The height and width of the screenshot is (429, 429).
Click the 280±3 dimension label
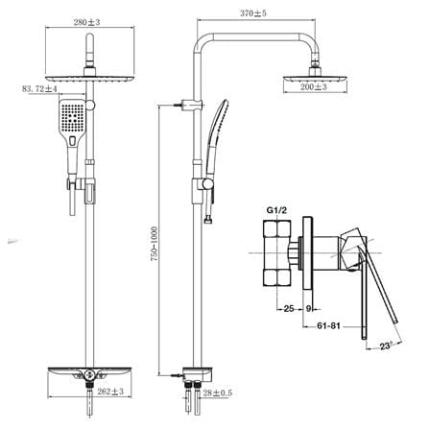pos(86,22)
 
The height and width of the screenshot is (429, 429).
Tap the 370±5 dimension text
pos(253,13)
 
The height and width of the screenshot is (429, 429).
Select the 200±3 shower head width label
pos(314,86)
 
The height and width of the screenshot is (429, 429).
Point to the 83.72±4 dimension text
pos(39,89)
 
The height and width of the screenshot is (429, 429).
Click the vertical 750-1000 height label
pos(155,244)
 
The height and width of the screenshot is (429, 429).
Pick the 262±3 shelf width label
pos(110,392)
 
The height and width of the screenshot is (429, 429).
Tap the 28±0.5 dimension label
pos(218,393)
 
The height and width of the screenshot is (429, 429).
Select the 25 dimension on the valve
pos(289,309)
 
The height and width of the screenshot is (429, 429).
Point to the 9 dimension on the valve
pos(308,309)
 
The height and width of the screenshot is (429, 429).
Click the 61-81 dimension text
pos(328,326)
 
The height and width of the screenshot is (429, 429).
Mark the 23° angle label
pos(386,346)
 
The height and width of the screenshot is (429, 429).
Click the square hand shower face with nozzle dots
pos(72,116)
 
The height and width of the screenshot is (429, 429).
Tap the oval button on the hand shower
pos(72,141)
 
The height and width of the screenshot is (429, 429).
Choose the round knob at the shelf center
pos(89,372)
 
